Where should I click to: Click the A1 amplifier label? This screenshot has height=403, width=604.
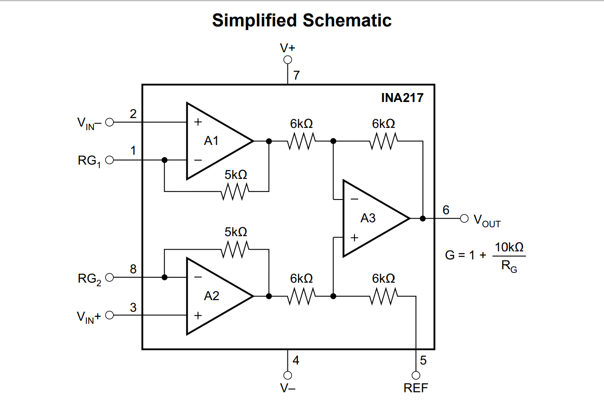coord(211,141)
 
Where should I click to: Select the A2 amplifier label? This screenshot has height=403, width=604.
coord(211,296)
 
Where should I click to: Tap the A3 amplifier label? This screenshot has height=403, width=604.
coord(368,218)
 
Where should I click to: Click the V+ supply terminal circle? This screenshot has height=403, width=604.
coord(287,60)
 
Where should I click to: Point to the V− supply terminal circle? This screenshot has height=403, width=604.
coord(287,375)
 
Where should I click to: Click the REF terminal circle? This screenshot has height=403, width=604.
coord(416,375)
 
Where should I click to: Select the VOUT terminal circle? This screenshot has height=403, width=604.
coord(465,218)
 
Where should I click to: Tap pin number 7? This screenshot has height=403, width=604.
coord(296,75)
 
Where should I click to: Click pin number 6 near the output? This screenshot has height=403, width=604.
coord(446,210)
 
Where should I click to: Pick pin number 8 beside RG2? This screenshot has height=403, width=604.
coord(133,269)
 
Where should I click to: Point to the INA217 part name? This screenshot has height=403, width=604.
coord(402,98)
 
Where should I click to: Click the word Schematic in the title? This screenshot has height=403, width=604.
coord(347,21)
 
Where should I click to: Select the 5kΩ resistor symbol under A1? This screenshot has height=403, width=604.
coord(236,192)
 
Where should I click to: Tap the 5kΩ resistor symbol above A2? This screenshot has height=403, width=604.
coord(236,249)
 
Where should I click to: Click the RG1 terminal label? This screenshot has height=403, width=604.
coord(89,161)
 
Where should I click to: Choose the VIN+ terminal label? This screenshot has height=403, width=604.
coord(89,317)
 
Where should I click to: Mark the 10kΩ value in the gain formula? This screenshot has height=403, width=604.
coord(509,247)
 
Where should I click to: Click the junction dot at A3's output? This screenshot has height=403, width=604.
coord(422,218)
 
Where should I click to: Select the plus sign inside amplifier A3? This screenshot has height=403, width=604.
coord(355,238)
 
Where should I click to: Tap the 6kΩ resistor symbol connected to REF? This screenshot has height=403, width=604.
coord(384,296)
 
